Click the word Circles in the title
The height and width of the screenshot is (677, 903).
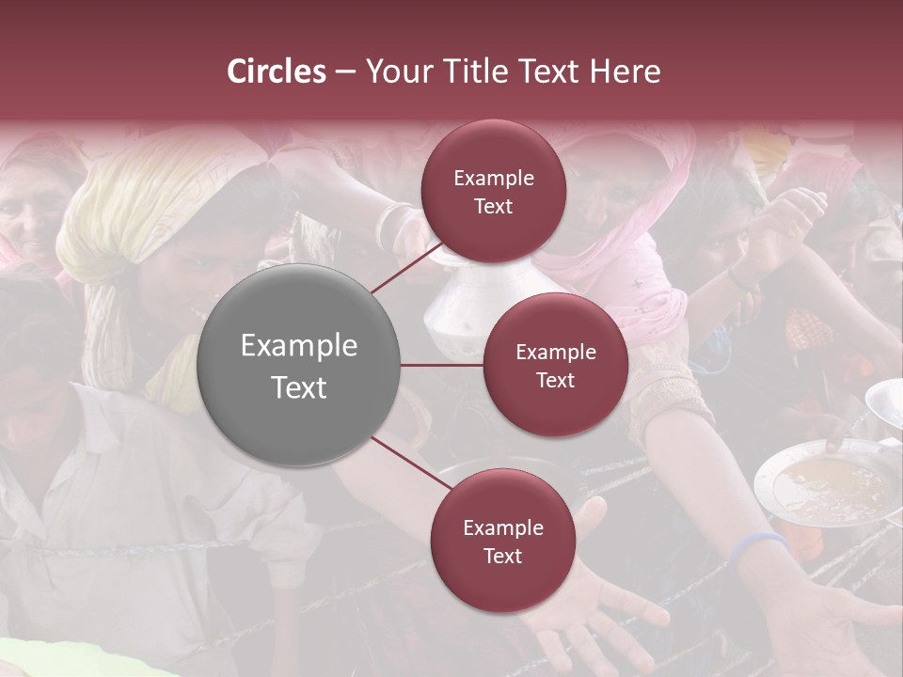(277, 71)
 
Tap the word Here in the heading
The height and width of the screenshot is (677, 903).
(625, 71)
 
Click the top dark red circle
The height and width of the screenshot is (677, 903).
(493, 191)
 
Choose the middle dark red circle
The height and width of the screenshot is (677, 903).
(555, 365)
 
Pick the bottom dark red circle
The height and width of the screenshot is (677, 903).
(502, 541)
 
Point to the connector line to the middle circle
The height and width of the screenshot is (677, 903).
(441, 365)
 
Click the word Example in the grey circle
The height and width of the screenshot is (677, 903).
(299, 346)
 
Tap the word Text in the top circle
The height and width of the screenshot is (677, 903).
(493, 207)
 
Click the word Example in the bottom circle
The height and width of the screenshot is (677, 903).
(503, 527)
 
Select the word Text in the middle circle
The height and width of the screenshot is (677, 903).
(555, 381)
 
